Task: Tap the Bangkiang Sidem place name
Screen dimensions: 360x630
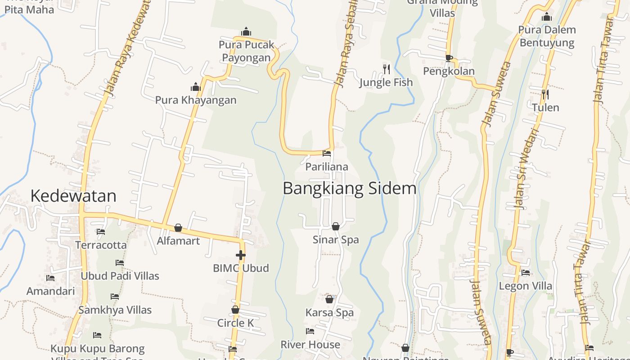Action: [x=349, y=188]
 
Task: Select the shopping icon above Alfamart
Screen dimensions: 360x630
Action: [x=178, y=228]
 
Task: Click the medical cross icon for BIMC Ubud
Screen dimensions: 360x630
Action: [x=241, y=255]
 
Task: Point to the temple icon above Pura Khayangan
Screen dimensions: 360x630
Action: [x=196, y=86]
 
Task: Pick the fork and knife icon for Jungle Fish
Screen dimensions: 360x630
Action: [x=387, y=69]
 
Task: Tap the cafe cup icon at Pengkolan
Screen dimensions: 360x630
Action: [x=449, y=58]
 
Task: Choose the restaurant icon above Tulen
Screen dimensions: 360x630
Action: [x=545, y=94]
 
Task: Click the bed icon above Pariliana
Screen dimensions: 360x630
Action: [x=327, y=153]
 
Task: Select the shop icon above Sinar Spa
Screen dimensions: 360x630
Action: [x=335, y=226]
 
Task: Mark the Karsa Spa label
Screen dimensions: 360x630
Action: [x=329, y=312]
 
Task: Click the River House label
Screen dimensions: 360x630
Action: [x=310, y=345]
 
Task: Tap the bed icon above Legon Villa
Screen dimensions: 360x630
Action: [x=525, y=272]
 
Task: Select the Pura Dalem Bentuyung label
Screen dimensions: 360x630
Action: [x=547, y=36]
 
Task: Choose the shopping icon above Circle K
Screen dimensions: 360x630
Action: [x=235, y=310]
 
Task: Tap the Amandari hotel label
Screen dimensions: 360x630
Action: [x=50, y=291]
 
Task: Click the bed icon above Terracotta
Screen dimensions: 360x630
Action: [x=101, y=232]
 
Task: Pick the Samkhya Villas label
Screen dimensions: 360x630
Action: [x=115, y=310]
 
